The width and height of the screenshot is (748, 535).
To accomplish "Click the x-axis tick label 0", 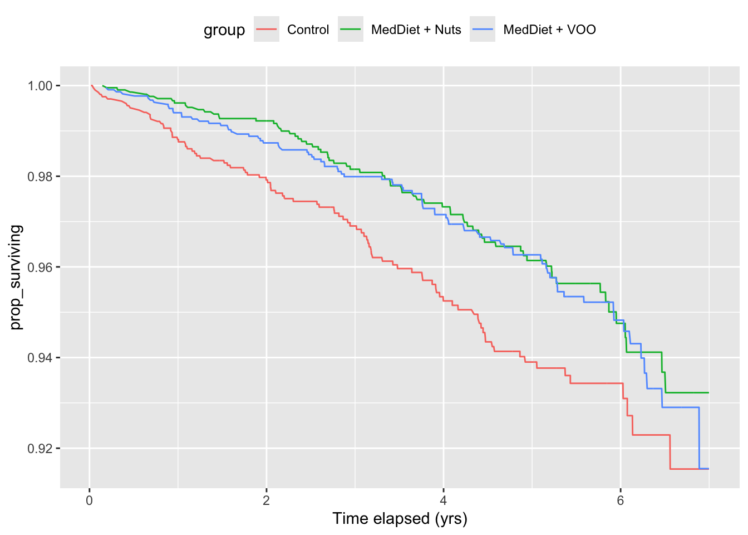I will [x=90, y=500].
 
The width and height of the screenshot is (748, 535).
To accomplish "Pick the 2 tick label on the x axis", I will [x=267, y=500].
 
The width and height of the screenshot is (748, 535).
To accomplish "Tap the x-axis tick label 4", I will [x=444, y=500].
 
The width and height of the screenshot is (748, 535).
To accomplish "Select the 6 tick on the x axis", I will [x=621, y=500].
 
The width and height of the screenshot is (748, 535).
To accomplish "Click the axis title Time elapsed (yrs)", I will [x=400, y=519].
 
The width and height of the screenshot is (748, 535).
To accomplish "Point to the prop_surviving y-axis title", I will [x=16, y=277].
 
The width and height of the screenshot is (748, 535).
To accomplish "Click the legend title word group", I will [x=224, y=30].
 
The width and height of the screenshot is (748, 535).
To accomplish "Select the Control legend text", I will [x=308, y=30].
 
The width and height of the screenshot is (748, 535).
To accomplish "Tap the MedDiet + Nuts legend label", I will [x=416, y=30].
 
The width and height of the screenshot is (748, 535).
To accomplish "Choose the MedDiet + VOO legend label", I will [x=549, y=30].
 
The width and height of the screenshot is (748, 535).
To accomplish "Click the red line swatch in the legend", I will [x=267, y=30].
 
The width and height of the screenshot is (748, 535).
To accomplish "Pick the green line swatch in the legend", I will [x=351, y=30].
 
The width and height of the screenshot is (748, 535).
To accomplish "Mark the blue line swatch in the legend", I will [x=483, y=30].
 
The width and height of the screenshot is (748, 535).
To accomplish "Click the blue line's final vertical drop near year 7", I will [x=699, y=438].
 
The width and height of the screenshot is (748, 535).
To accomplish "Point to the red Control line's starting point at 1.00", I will [x=91, y=85].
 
